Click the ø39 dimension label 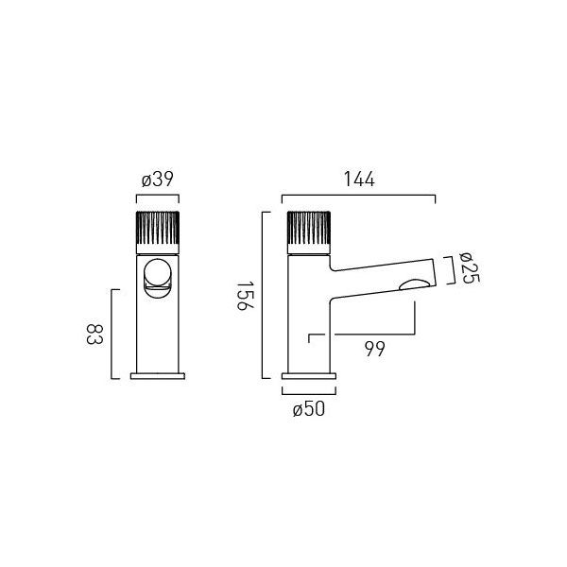pos(157,179)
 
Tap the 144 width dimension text pos(359,179)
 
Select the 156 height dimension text pos(245,296)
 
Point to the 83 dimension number pos(94,335)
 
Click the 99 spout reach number pos(374,349)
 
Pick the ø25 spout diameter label pos(469,268)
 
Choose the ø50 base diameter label pos(309,409)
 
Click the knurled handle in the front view pos(158,232)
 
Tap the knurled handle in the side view pos(309,232)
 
